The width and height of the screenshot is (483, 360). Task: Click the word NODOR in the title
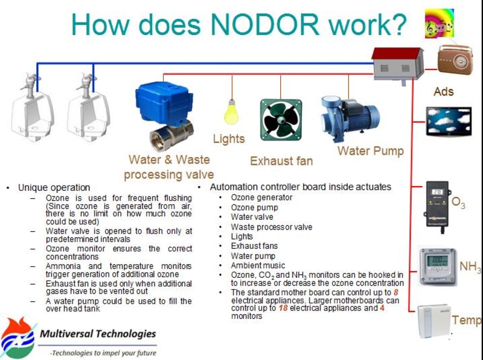point(265,24)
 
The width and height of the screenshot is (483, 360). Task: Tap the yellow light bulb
point(231,112)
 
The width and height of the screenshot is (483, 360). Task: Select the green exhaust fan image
point(281,120)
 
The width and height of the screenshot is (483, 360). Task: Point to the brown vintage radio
point(455,60)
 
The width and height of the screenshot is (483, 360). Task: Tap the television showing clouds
point(449,121)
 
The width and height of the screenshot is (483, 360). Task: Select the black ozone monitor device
point(437,205)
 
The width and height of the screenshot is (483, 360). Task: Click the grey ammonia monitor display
point(437,266)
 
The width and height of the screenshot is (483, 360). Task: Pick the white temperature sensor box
point(434,321)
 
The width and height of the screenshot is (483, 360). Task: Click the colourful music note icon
point(440,24)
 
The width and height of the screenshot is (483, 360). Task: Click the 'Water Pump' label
point(371,151)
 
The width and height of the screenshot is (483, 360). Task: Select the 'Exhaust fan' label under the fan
point(281,161)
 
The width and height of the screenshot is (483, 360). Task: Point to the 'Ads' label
point(444,92)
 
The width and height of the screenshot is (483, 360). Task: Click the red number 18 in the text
point(283,308)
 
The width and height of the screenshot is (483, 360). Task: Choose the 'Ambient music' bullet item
point(258,265)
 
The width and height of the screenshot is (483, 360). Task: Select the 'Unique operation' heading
point(54,187)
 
